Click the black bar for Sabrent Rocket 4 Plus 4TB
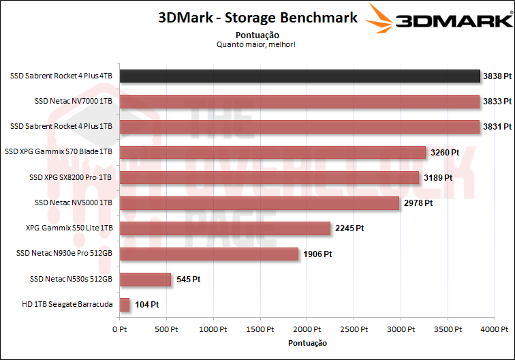click(x=300, y=76)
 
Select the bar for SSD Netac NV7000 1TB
click(x=300, y=101)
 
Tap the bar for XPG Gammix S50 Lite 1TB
click(x=225, y=228)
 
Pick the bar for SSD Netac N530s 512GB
click(x=145, y=279)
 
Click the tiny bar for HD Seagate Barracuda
click(x=125, y=305)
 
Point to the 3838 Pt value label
click(x=497, y=76)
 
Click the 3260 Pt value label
click(x=445, y=152)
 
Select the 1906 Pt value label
click(x=317, y=254)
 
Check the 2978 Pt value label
click(x=418, y=202)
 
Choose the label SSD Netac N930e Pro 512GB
click(x=64, y=254)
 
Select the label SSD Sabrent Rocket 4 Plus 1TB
click(x=61, y=126)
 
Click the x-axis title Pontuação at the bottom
click(x=307, y=342)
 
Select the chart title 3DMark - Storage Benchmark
click(x=257, y=18)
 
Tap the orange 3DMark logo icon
click(x=381, y=18)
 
